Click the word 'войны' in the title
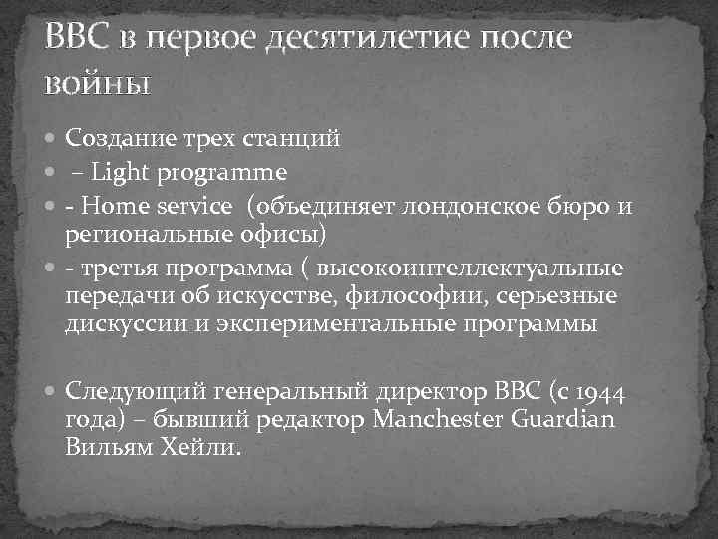click(97, 81)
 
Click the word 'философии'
click(410, 296)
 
